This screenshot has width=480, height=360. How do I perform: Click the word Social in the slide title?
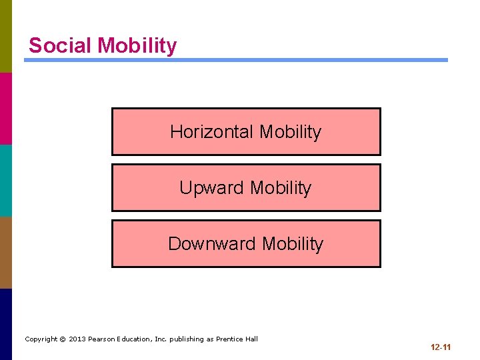point(60,45)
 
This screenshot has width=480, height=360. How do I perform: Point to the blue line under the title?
point(236,60)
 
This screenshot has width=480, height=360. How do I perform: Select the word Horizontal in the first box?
point(212,132)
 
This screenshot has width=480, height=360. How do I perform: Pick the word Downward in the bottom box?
point(212,244)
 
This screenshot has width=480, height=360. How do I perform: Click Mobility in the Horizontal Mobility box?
point(290,132)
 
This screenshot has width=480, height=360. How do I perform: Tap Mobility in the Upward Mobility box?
point(280,188)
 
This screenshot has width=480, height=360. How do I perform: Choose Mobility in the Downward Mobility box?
point(292,244)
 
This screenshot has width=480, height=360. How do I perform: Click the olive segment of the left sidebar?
point(6,36)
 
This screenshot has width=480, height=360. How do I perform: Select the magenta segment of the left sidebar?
point(6,108)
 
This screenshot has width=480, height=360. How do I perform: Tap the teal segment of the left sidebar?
point(6,180)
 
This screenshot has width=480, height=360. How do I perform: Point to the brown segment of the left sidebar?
point(6,252)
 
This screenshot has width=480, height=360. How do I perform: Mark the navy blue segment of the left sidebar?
point(6,324)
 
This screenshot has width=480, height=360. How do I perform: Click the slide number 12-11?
point(441,347)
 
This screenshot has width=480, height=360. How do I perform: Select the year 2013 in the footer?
point(77,339)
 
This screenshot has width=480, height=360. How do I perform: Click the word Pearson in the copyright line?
point(103,339)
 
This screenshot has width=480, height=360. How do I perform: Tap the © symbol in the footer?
point(62,339)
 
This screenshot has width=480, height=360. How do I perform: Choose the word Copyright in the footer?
point(41,339)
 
